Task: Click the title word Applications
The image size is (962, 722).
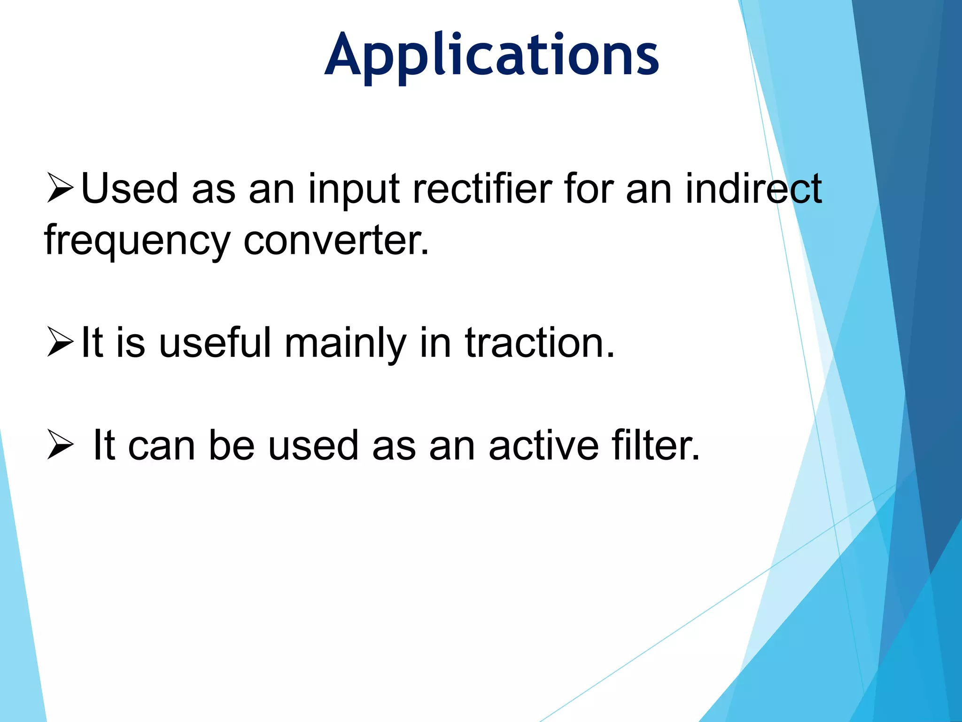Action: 491,55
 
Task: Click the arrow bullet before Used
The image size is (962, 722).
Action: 61,188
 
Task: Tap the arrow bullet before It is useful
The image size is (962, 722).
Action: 61,342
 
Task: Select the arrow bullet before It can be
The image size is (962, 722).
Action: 61,445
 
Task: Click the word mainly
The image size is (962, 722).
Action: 345,344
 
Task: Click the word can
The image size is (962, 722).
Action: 162,446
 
